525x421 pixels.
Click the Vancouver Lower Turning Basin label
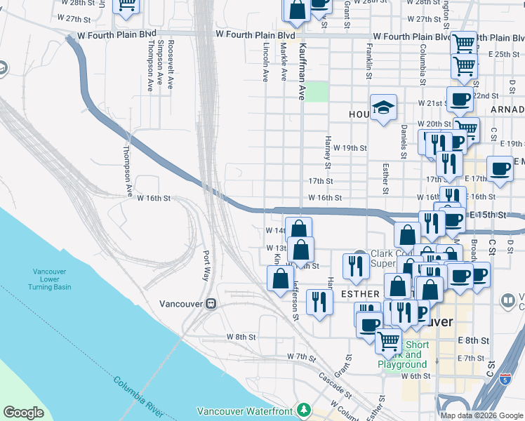pyautogui.click(x=52, y=279)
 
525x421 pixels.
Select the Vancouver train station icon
pyautogui.click(x=210, y=304)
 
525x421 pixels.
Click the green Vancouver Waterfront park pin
pyautogui.click(x=304, y=409)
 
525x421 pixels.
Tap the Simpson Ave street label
pyautogui.click(x=161, y=64)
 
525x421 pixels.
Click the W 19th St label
pyautogui.click(x=350, y=148)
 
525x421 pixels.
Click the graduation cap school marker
pyautogui.click(x=383, y=107)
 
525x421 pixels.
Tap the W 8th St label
pyautogui.click(x=241, y=337)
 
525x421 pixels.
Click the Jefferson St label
pyautogui.click(x=295, y=302)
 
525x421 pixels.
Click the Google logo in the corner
pyautogui.click(x=24, y=413)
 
